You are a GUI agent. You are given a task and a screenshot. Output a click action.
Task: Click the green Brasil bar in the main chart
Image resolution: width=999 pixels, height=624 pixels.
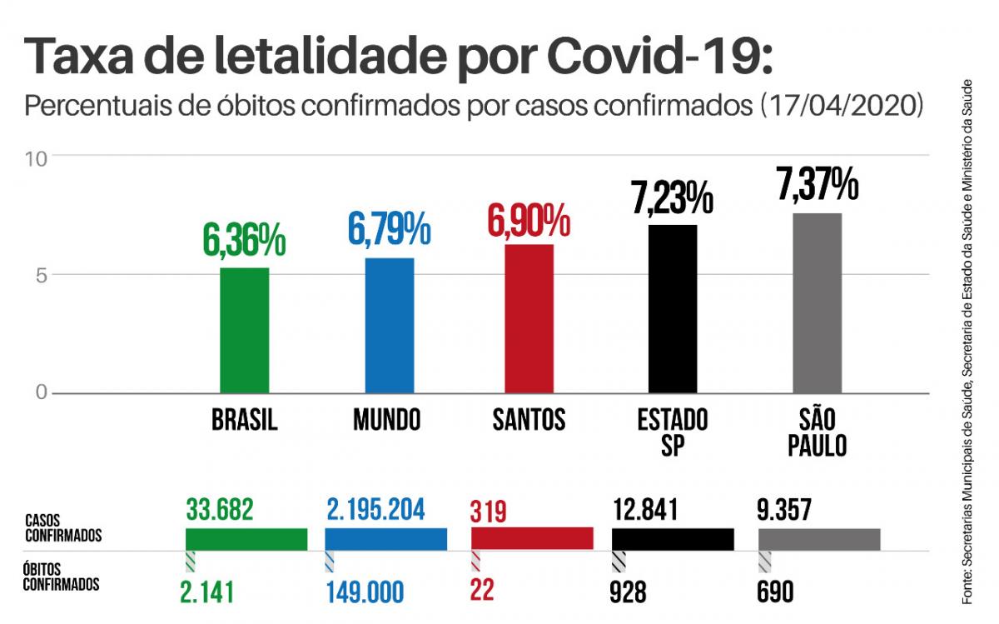(245, 330)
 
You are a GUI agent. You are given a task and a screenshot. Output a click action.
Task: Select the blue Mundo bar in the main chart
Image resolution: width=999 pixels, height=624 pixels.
(389, 325)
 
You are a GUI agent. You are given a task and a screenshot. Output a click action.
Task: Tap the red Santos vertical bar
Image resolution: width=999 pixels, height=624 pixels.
(529, 318)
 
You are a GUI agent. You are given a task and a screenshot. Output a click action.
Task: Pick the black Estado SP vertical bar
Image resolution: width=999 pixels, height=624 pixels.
(673, 308)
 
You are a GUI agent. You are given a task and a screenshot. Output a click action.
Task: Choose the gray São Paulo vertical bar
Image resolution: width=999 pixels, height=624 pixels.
(817, 302)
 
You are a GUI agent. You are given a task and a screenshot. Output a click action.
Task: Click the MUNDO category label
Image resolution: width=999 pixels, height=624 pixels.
(387, 419)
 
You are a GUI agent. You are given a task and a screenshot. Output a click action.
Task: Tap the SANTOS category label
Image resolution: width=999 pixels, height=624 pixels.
(529, 419)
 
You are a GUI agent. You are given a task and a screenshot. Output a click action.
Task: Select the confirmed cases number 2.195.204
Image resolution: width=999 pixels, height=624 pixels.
(375, 507)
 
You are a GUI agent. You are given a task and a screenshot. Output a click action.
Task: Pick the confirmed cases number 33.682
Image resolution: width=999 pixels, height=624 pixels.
(220, 507)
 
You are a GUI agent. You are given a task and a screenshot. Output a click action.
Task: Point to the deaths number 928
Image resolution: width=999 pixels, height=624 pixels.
(629, 592)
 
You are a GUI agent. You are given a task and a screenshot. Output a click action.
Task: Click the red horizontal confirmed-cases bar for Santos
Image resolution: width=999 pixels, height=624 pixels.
(532, 538)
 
